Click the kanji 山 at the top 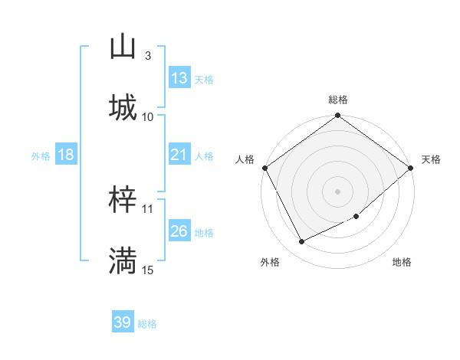pyautogui.click(x=123, y=46)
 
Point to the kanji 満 pyautogui.click(x=123, y=260)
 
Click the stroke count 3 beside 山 pyautogui.click(x=147, y=56)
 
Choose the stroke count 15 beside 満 pyautogui.click(x=148, y=270)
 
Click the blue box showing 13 pyautogui.click(x=179, y=78)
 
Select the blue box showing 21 pyautogui.click(x=179, y=155)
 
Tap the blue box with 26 pyautogui.click(x=179, y=231)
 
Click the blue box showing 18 pyautogui.click(x=65, y=155)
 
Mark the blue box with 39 pyautogui.click(x=122, y=322)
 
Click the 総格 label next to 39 pyautogui.click(x=147, y=324)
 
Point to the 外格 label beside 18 pyautogui.click(x=41, y=156)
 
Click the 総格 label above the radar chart pyautogui.click(x=338, y=100)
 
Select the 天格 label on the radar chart pyautogui.click(x=431, y=159)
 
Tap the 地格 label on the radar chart pyautogui.click(x=402, y=262)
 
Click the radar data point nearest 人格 pyautogui.click(x=264, y=168)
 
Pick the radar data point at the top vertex pyautogui.click(x=337, y=116)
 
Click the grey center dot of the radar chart pyautogui.click(x=337, y=191)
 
